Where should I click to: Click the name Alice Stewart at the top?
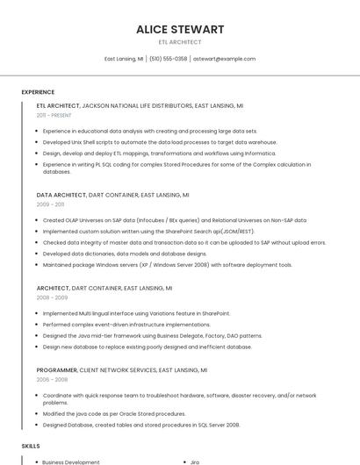click(180, 29)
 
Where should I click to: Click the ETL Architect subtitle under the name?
click(180, 42)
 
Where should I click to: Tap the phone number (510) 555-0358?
click(168, 59)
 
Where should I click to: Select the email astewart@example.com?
click(224, 59)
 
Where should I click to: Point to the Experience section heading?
click(38, 91)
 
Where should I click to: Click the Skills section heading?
click(31, 446)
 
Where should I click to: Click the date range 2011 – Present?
click(54, 115)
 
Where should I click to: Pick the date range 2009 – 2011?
click(50, 204)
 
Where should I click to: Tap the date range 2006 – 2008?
click(52, 380)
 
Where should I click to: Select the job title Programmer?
click(58, 370)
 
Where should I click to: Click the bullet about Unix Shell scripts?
click(159, 141)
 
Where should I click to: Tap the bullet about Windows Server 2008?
click(167, 264)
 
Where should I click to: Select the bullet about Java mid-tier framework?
click(152, 335)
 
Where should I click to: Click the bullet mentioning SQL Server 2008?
click(140, 425)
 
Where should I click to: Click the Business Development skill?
click(71, 461)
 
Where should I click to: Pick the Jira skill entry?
click(195, 461)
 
